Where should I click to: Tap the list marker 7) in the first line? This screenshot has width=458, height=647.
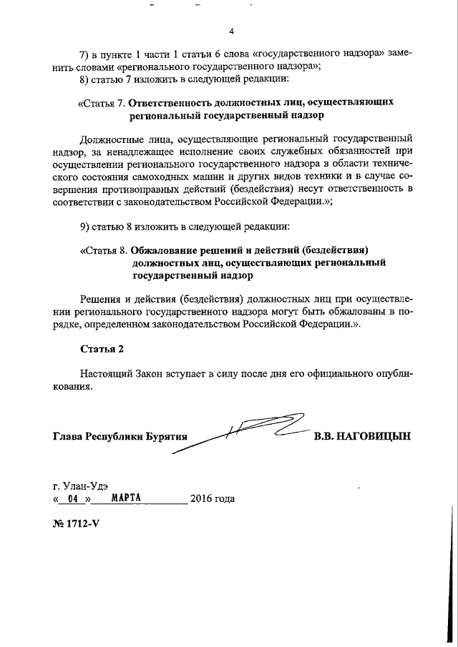[84, 54]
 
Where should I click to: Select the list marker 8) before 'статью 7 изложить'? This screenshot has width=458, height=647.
[84, 79]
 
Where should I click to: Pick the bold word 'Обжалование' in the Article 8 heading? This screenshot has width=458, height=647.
[166, 250]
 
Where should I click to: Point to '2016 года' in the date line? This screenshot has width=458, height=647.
[212, 498]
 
